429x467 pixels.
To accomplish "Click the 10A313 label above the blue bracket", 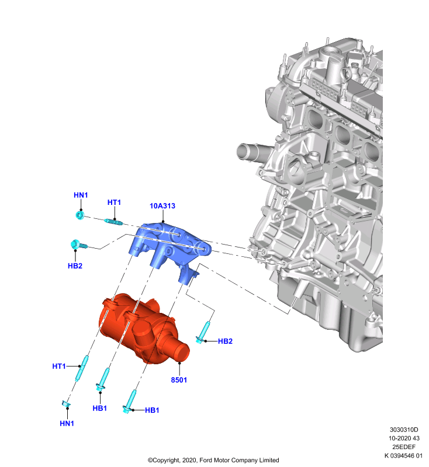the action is (x=162, y=206).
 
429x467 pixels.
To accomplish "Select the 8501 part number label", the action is (x=179, y=380).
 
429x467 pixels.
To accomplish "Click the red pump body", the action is (x=140, y=327).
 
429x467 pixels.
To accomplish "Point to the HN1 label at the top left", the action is (x=81, y=195).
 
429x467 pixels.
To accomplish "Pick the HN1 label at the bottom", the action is (x=67, y=423).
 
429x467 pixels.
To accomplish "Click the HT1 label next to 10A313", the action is (x=114, y=203).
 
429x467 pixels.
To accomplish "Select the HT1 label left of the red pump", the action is (x=59, y=366).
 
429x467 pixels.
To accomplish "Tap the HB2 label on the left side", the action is (x=75, y=266).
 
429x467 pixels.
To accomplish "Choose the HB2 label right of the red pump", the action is (x=225, y=341).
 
